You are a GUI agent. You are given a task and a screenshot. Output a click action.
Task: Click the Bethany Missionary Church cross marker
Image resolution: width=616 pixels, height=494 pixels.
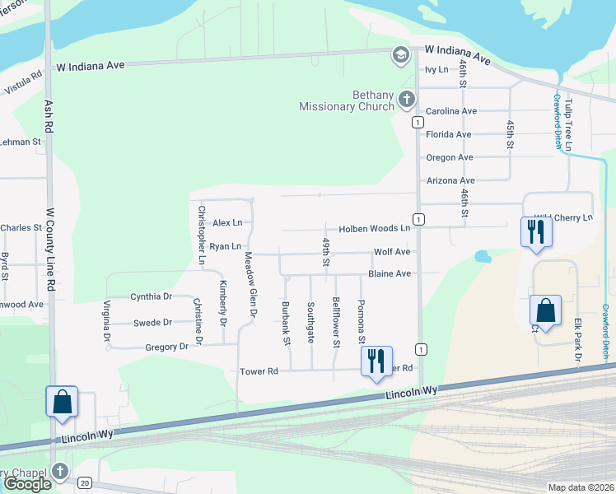click(x=406, y=100)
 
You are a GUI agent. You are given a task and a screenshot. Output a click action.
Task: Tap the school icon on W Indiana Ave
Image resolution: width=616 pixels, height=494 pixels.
click(x=401, y=55)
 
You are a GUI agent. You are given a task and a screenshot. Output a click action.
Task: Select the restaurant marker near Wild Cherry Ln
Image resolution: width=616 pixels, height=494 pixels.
click(x=536, y=232)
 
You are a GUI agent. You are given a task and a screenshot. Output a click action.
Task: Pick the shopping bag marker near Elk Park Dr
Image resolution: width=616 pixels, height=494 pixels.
click(x=545, y=310)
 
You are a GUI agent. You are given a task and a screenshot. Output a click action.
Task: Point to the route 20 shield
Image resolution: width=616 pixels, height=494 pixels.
click(x=85, y=483)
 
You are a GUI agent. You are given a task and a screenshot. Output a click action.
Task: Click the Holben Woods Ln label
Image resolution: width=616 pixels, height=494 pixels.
click(x=375, y=228)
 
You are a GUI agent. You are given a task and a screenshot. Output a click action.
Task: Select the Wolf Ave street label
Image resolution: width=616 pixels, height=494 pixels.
click(x=392, y=252)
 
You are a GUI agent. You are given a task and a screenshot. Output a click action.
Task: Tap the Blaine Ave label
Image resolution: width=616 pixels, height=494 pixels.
click(x=390, y=273)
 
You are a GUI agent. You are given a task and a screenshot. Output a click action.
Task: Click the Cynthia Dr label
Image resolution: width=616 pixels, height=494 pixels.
click(x=151, y=296)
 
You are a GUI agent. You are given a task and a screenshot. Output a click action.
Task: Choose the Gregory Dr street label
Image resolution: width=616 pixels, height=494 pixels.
click(x=166, y=347)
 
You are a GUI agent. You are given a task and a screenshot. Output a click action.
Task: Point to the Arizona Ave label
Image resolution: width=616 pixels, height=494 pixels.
click(x=450, y=180)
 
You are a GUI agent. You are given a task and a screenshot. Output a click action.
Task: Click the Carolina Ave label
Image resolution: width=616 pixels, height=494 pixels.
click(x=451, y=111)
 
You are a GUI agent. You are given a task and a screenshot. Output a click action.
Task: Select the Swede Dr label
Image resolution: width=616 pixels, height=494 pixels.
click(x=152, y=323)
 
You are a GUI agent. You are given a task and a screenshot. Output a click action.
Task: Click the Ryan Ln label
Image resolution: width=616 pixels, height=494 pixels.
click(x=225, y=246)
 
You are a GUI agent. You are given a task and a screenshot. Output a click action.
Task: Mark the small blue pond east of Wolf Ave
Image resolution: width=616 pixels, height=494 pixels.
click(x=483, y=256)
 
